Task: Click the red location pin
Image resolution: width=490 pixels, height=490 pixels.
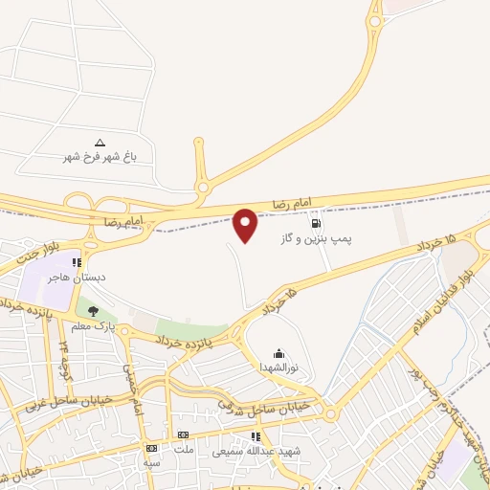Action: [x=245, y=225]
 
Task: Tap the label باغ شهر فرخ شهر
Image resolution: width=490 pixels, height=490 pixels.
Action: [x=101, y=156]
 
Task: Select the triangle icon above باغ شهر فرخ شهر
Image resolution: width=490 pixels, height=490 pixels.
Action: [x=100, y=141]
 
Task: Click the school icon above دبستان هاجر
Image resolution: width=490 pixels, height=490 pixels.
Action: [x=77, y=262]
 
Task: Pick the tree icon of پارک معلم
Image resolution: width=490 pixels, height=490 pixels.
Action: [x=93, y=311]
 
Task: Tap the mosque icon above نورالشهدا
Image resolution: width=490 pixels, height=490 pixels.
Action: [x=278, y=352]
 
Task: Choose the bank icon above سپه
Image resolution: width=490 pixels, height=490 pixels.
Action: [x=151, y=448]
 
